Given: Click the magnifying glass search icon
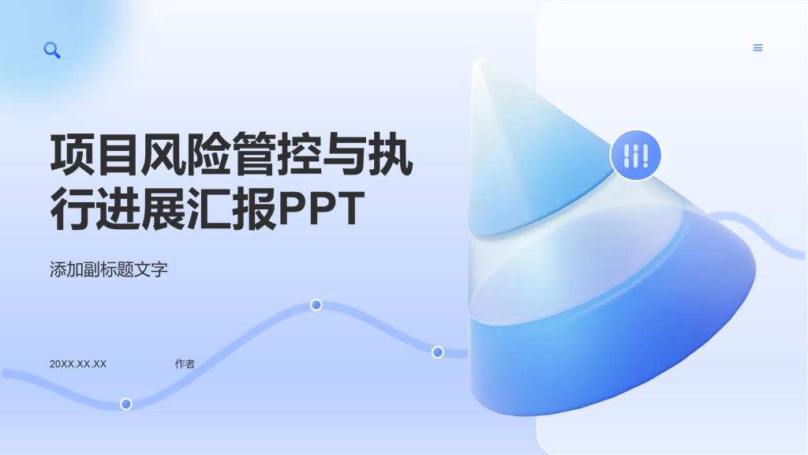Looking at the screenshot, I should click(52, 51).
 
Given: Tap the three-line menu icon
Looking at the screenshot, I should click(757, 47).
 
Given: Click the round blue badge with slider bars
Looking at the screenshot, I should click(635, 155).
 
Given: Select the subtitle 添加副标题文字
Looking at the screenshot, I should click(109, 269).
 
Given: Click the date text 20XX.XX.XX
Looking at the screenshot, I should click(78, 364).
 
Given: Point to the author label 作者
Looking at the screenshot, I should click(185, 364).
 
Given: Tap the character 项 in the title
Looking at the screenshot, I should click(73, 154).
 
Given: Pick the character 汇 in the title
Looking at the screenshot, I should click(209, 209).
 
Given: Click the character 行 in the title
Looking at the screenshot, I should click(73, 209).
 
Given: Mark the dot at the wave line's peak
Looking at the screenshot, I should click(316, 305).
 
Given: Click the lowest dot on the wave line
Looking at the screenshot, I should click(126, 404).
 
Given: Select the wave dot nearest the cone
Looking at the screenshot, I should click(437, 352).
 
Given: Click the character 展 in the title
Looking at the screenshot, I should click(163, 209).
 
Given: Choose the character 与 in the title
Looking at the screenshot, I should click(346, 154).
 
